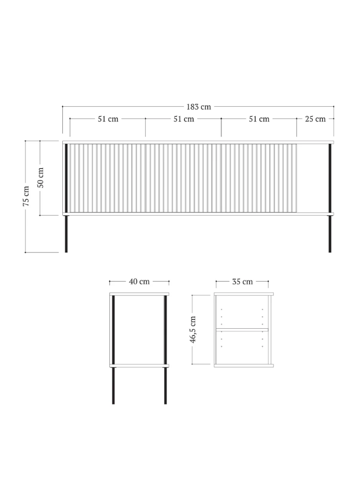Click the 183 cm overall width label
(x=199, y=107)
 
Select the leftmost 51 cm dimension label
(x=108, y=119)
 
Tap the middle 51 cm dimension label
(x=184, y=119)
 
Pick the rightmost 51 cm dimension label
(x=259, y=119)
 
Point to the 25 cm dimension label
(x=315, y=119)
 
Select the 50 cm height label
(x=40, y=178)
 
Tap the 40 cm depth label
(x=139, y=282)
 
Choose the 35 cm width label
(x=242, y=282)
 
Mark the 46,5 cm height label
(x=193, y=329)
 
